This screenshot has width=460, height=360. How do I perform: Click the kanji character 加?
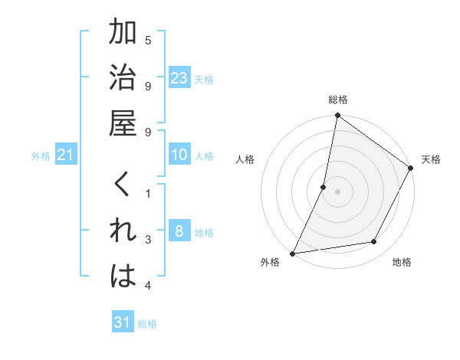click(x=123, y=34)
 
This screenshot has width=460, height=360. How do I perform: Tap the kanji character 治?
click(x=123, y=79)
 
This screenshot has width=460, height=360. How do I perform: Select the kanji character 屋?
click(x=123, y=123)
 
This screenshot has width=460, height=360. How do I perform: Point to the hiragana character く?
click(x=123, y=187)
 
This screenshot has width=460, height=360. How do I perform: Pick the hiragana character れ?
click(x=123, y=231)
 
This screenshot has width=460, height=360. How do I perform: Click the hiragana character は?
click(x=123, y=277)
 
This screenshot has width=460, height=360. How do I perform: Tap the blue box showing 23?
click(x=179, y=77)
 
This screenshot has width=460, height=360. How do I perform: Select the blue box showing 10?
click(x=179, y=155)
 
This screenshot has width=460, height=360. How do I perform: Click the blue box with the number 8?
click(x=179, y=231)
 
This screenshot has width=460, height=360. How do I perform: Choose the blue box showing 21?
click(x=66, y=155)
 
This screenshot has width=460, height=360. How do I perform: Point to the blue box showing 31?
click(x=123, y=322)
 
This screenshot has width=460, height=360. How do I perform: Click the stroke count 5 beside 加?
click(x=148, y=40)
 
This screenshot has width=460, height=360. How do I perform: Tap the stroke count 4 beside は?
click(x=148, y=286)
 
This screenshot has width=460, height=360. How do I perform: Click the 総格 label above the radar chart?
click(x=337, y=100)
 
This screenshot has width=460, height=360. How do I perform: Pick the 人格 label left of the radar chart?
click(x=245, y=159)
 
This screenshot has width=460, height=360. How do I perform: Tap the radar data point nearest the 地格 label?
click(x=374, y=242)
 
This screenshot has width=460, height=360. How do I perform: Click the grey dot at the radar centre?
click(x=337, y=191)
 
